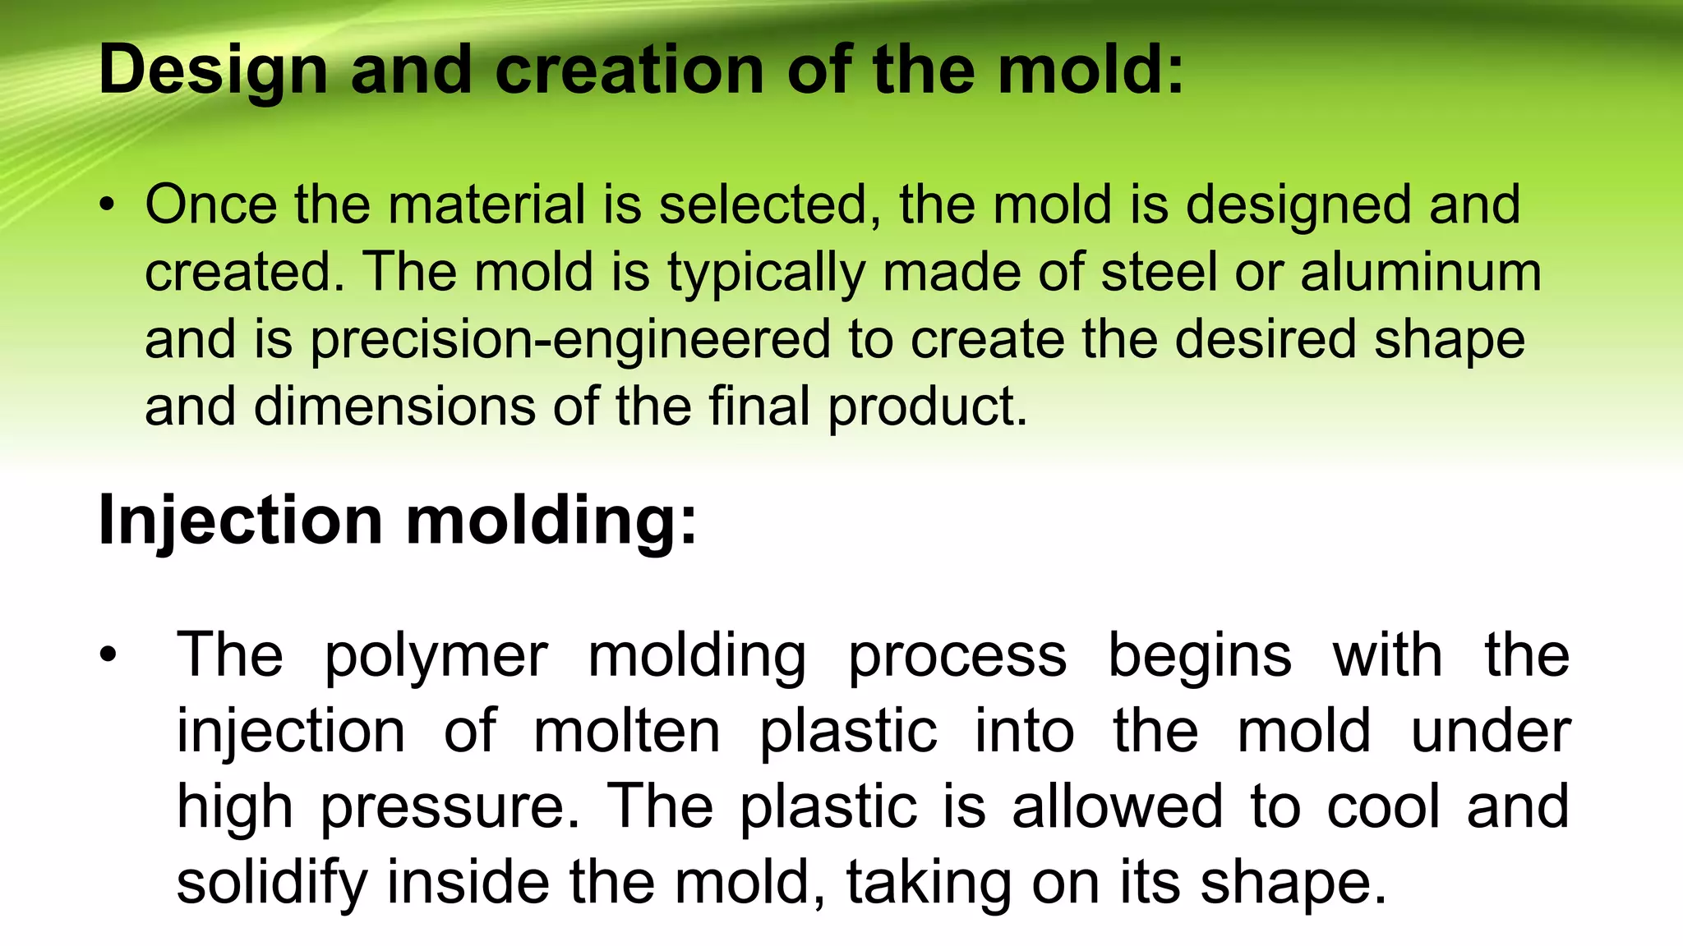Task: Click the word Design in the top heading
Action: point(213,71)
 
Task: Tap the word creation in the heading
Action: point(629,70)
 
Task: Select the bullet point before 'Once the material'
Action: point(107,205)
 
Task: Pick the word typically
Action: point(766,274)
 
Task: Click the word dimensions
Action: point(394,406)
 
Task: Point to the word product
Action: point(927,408)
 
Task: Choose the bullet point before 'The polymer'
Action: point(108,655)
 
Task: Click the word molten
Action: point(627,731)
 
